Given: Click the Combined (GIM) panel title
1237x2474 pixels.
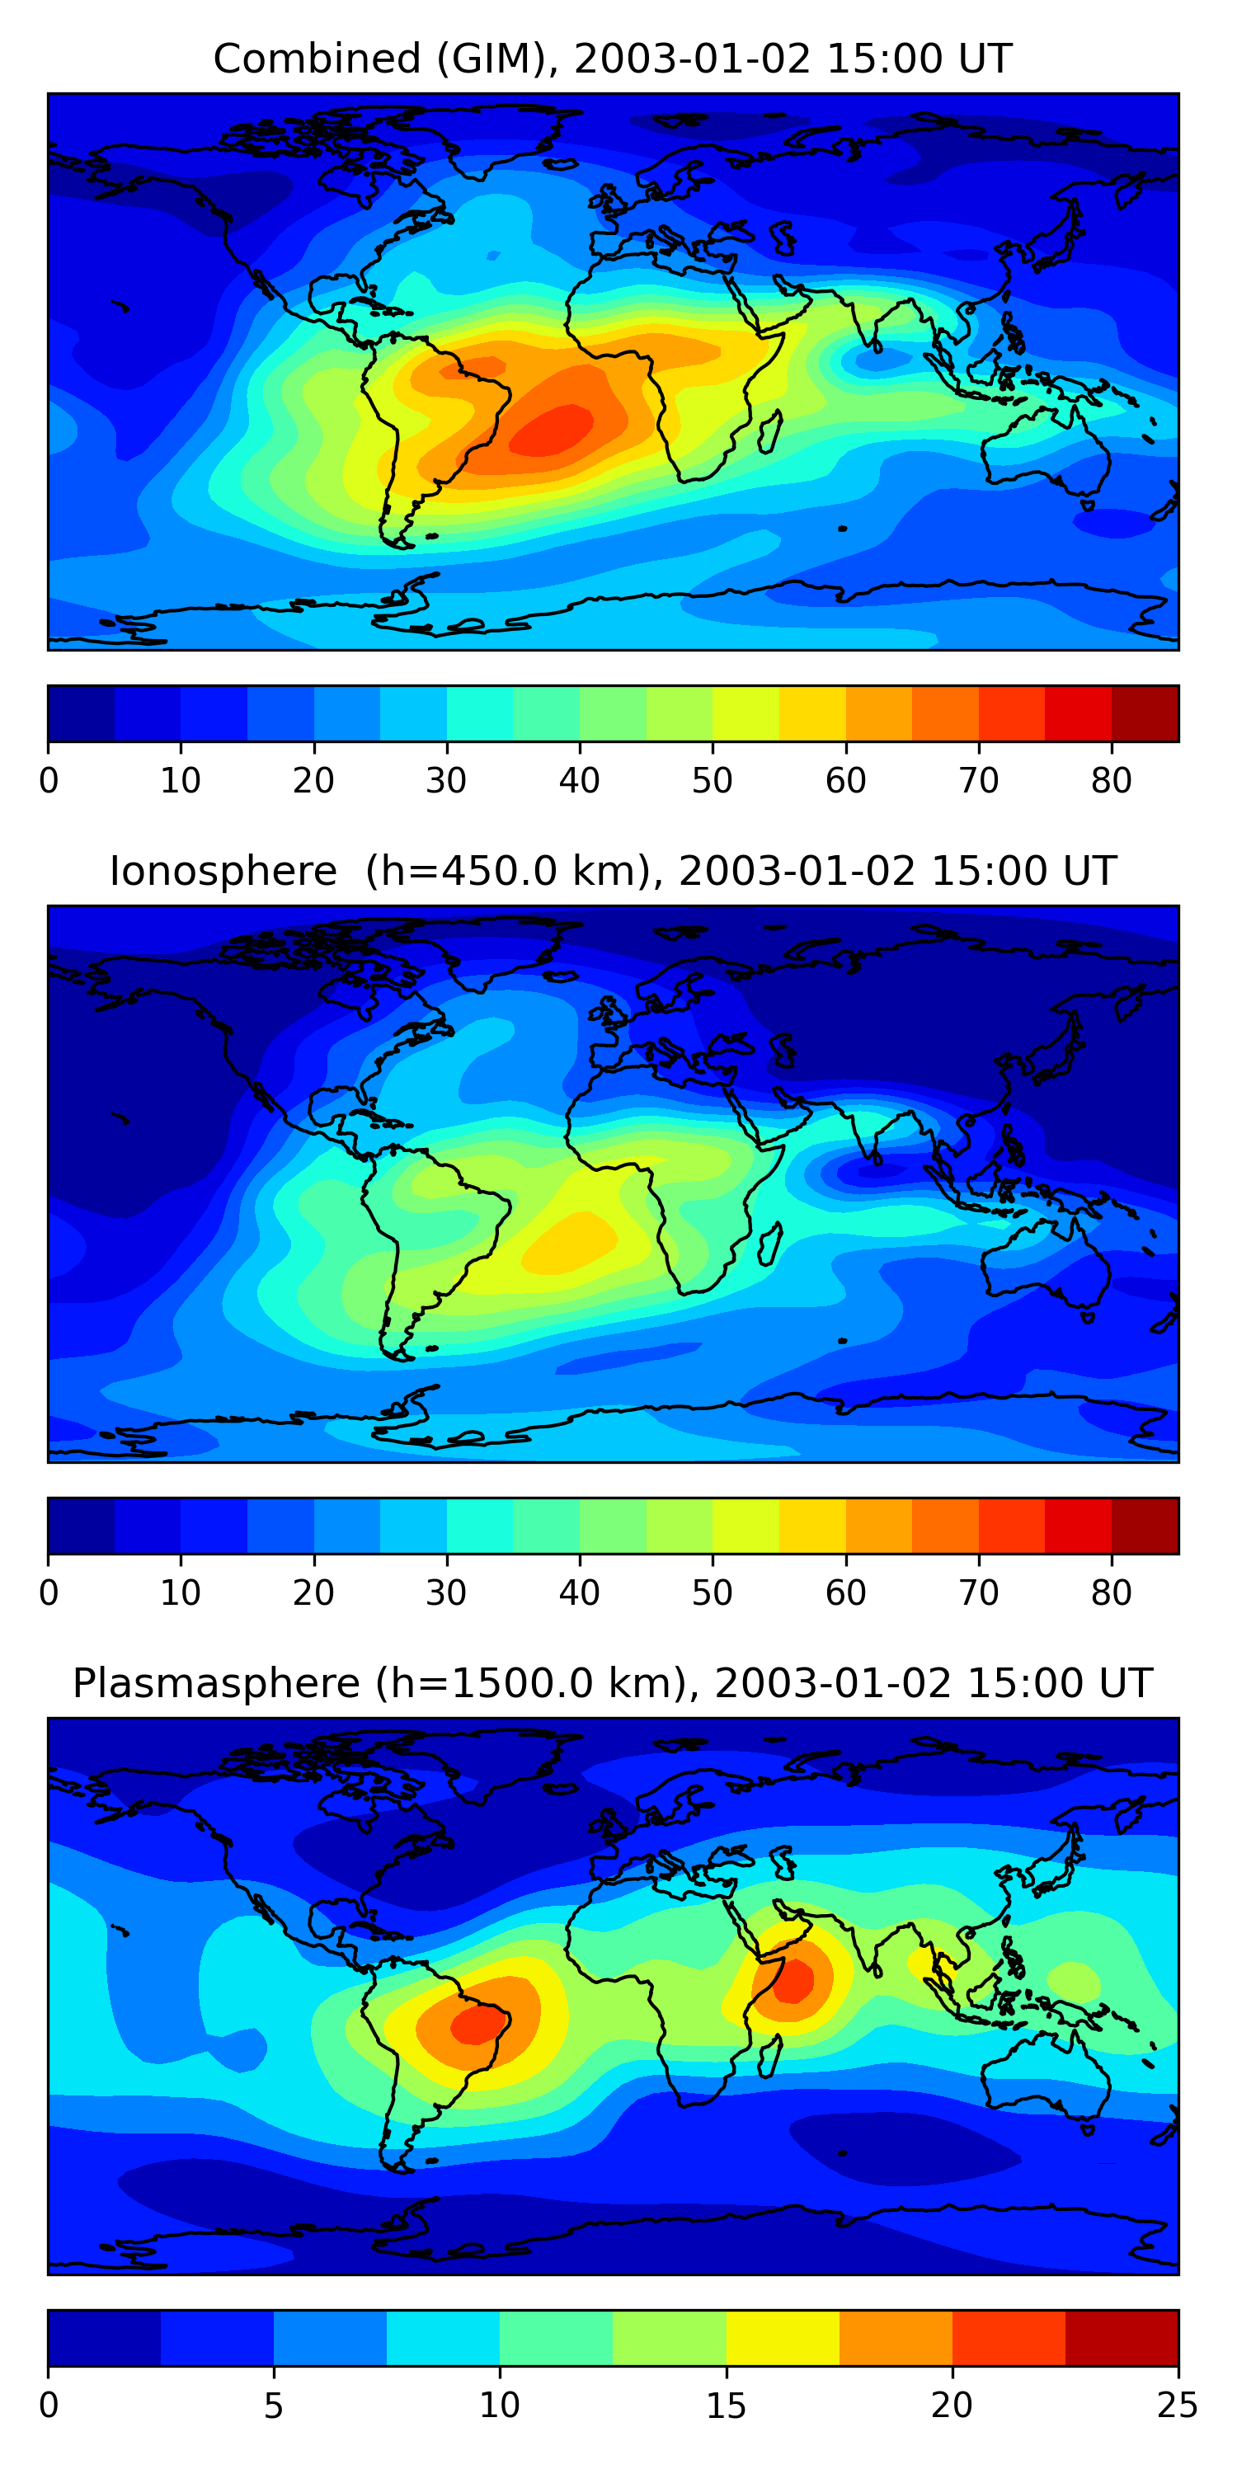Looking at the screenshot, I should pos(612,59).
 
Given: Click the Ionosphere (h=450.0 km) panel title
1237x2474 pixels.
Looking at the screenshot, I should pos(612,871).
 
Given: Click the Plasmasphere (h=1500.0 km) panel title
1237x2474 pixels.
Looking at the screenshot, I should pos(612,1684).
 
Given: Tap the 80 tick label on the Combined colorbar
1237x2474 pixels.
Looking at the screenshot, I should pos(1111,781).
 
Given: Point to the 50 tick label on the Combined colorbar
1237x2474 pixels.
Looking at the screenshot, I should pos(712,781).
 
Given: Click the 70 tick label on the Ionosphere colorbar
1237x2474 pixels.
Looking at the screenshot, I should pos(978,1593).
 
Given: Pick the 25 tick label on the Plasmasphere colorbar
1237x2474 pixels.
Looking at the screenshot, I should pos(1177,2406).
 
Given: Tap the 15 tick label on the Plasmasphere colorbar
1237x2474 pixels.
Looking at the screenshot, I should pos(725,2406).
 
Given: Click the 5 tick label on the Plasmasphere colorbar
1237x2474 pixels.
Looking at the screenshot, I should pos(274,2406).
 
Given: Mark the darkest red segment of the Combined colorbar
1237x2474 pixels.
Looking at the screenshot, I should pos(1145,713).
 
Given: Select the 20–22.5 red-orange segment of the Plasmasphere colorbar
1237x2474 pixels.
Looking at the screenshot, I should pos(1009,2339).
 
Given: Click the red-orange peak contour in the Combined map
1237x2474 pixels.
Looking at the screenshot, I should pos(553,430).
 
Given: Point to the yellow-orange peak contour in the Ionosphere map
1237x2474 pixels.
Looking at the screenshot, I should pos(571,1241).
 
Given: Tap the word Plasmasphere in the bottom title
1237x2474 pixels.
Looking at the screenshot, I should pos(216,1684).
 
